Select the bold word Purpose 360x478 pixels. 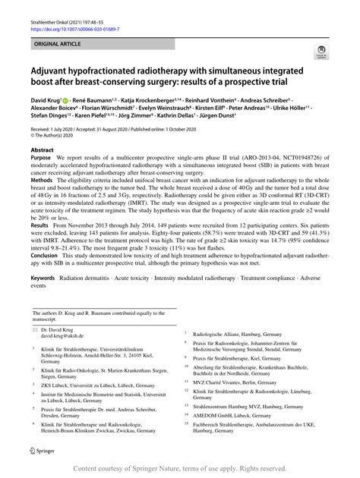tap(42, 160)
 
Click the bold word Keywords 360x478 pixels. tap(45, 280)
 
